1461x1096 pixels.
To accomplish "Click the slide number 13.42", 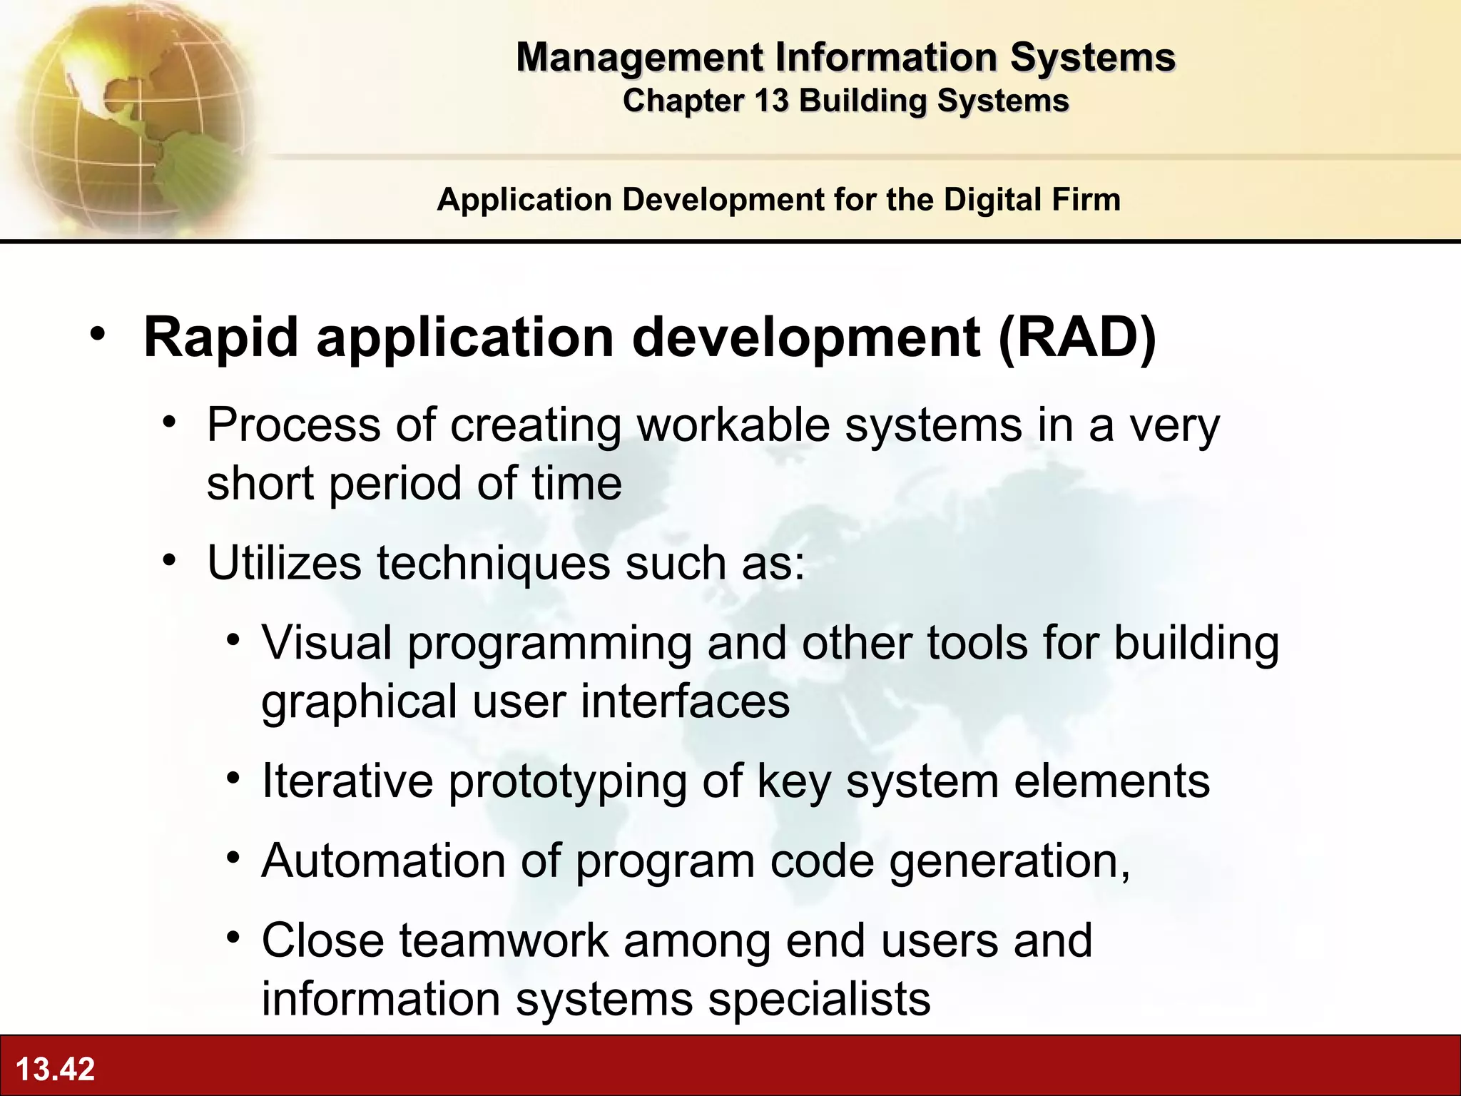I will (55, 1069).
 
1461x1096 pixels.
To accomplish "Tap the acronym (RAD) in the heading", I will (1076, 338).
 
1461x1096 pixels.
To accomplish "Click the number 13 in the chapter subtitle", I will (770, 101).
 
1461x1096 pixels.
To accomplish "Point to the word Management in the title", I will (640, 57).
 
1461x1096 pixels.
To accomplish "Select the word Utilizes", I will (284, 563).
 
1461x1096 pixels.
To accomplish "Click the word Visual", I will (327, 643).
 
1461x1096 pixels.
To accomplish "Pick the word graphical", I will (359, 702).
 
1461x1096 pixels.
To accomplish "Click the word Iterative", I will (347, 781).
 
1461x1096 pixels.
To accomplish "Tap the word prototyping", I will (567, 782).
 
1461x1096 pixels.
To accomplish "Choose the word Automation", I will (384, 861).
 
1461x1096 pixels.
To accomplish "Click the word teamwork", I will (504, 940).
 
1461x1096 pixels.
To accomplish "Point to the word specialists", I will (819, 999).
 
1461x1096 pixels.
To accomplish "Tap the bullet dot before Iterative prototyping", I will (233, 778).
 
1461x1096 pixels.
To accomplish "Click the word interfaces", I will (685, 701).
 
